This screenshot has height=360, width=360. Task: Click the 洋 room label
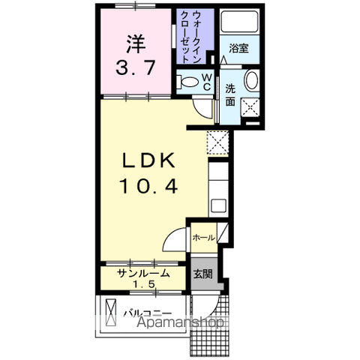click(136, 44)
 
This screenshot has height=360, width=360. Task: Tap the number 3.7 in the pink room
click(136, 67)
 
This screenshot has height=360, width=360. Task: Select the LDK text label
click(148, 160)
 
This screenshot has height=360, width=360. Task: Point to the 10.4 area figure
click(149, 187)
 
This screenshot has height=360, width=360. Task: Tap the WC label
click(207, 82)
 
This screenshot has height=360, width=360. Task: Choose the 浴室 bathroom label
click(238, 48)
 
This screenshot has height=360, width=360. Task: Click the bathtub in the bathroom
click(239, 21)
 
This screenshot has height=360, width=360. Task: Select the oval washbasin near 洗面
click(251, 80)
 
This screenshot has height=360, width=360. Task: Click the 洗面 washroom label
click(230, 94)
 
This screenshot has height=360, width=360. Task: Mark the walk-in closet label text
click(190, 37)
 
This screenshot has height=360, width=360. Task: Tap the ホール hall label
click(204, 238)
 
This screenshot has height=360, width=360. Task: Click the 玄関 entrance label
click(203, 274)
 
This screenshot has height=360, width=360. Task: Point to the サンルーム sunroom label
click(144, 273)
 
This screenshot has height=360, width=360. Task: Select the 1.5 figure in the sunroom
click(144, 284)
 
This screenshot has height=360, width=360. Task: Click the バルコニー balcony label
click(148, 313)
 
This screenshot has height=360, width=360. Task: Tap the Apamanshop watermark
click(180, 322)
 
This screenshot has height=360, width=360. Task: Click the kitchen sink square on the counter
click(218, 205)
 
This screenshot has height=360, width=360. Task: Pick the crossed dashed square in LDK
click(217, 142)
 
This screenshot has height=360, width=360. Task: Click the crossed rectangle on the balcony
click(111, 313)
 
